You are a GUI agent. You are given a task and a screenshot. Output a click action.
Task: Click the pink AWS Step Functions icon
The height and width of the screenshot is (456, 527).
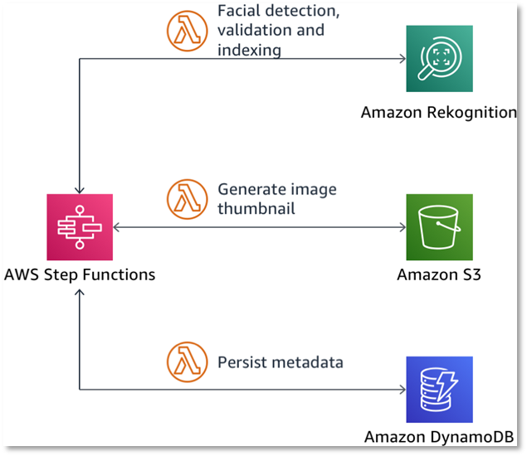[79, 227]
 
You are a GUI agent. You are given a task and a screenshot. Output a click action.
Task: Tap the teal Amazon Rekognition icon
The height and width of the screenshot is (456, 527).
[439, 59]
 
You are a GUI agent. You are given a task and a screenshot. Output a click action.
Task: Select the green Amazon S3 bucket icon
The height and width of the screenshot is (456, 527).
[439, 227]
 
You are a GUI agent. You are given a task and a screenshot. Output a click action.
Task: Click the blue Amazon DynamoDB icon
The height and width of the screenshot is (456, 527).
[439, 390]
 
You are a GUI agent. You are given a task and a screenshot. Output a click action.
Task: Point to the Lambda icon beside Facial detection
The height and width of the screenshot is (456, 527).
[188, 31]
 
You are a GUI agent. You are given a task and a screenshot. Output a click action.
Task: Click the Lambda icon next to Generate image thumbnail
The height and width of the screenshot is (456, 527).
[188, 199]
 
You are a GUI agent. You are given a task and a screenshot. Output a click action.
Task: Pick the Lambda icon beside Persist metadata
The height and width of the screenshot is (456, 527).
[188, 362]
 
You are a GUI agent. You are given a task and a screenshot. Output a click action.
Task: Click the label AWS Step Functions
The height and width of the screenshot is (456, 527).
[79, 274]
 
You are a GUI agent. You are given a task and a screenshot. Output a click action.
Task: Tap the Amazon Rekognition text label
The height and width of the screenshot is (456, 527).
[438, 112]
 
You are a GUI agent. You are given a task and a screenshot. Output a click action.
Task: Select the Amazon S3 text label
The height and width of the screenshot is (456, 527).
[438, 274]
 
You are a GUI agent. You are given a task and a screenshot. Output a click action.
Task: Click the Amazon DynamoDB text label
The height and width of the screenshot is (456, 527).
[438, 437]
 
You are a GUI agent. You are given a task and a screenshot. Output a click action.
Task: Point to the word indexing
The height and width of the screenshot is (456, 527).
[249, 51]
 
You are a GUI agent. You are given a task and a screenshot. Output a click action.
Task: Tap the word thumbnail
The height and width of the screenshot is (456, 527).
[256, 208]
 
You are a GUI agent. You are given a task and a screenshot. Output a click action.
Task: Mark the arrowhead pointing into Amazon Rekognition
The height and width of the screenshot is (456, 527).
[402, 59]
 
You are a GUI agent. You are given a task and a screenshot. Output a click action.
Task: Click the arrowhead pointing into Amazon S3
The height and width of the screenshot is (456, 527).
[402, 227]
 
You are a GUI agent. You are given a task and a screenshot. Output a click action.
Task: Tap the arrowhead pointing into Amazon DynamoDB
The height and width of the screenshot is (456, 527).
[402, 390]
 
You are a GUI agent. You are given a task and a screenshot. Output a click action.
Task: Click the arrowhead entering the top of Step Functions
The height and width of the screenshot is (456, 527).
[79, 190]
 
